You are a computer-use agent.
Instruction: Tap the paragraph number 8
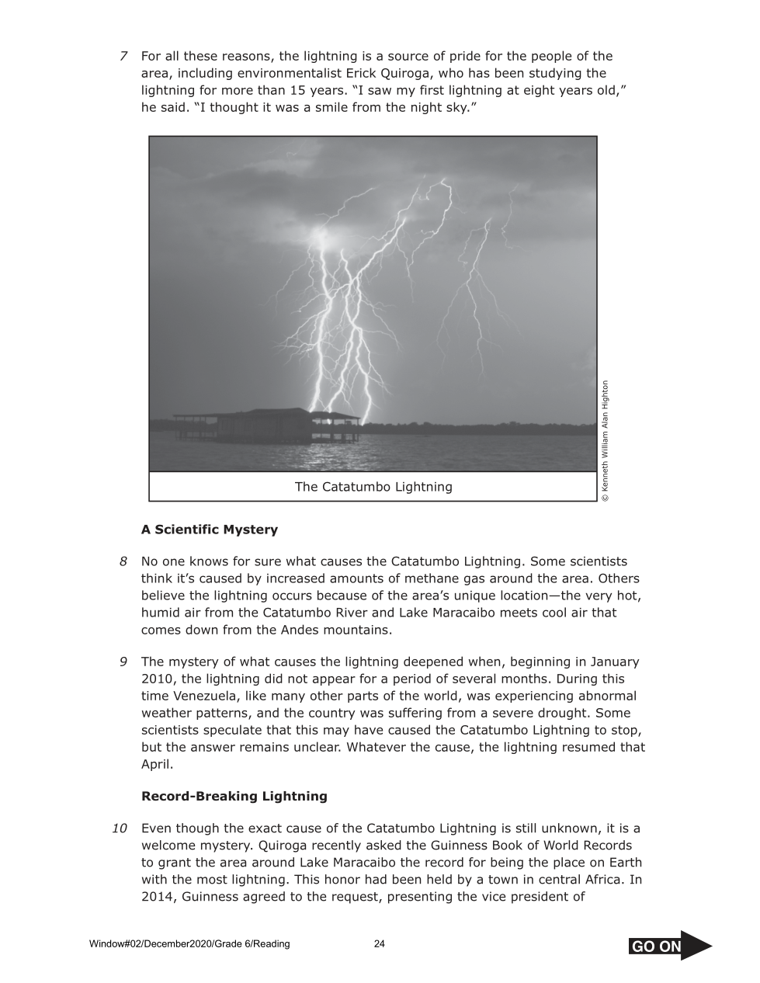pyautogui.click(x=123, y=561)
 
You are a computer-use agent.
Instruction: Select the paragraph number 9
pyautogui.click(x=123, y=662)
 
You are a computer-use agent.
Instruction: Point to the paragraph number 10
pyautogui.click(x=120, y=828)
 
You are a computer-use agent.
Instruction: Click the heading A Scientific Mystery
pyautogui.click(x=209, y=530)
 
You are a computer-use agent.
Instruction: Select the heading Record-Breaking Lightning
pyautogui.click(x=234, y=796)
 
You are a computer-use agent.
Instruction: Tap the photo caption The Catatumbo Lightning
pyautogui.click(x=373, y=487)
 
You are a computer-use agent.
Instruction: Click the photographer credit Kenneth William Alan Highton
pyautogui.click(x=606, y=440)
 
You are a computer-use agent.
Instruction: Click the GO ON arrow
pyautogui.click(x=669, y=945)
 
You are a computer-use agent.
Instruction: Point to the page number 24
pyautogui.click(x=380, y=944)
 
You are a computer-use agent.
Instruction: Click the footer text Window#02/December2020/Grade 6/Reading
pyautogui.click(x=189, y=944)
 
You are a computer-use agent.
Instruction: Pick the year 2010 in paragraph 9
pyautogui.click(x=158, y=679)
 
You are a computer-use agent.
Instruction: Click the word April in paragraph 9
pyautogui.click(x=157, y=764)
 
